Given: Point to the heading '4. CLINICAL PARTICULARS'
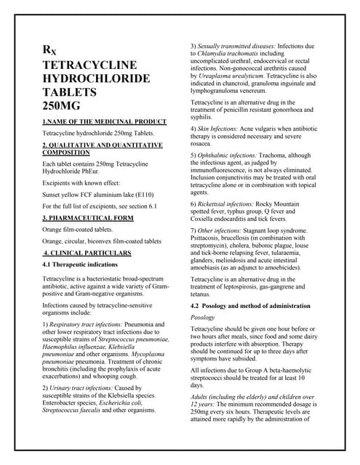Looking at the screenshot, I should pos(88,253).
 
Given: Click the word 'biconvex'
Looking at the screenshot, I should pos(113,241).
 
